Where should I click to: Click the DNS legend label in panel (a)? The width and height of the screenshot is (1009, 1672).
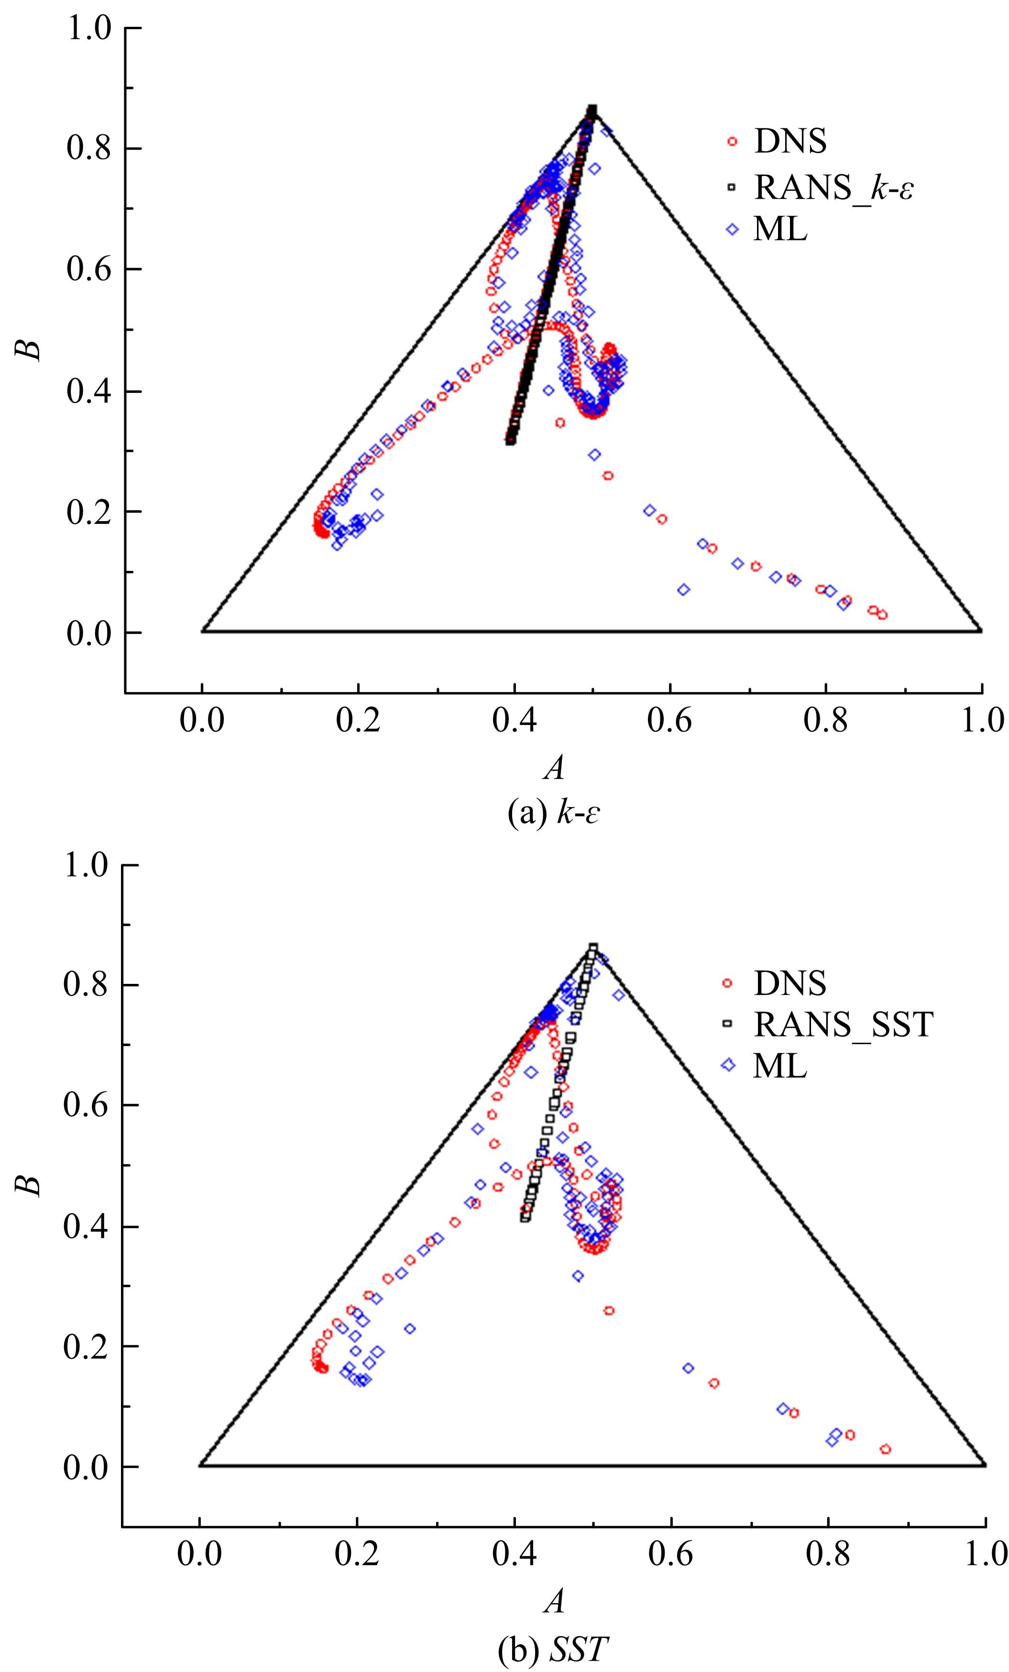point(790,141)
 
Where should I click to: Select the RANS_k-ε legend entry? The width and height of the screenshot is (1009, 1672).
point(833,187)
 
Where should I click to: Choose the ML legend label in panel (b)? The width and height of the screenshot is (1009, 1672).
point(780,1066)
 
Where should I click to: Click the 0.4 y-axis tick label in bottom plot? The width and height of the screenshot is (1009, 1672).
point(90,1227)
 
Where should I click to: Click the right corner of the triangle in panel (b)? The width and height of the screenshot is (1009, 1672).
point(985,1465)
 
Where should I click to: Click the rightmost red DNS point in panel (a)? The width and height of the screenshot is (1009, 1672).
point(882,615)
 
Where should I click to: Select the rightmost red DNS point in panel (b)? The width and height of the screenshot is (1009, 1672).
point(885,1449)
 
